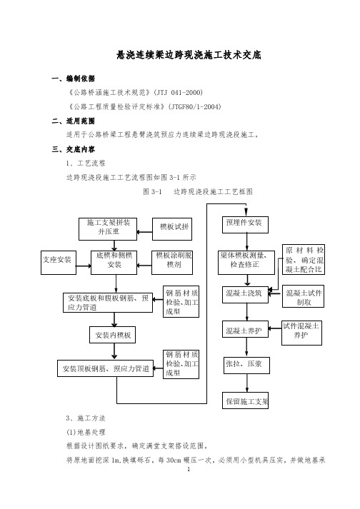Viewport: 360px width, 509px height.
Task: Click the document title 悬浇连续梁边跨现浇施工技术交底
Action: pos(189,55)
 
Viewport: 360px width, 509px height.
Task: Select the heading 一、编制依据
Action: pos(73,79)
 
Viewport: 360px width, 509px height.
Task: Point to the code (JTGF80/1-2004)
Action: pos(194,106)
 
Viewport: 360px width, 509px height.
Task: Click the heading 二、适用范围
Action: pos(73,121)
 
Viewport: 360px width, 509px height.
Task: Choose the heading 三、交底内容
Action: pos(73,149)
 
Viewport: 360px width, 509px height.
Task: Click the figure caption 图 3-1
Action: pos(152,191)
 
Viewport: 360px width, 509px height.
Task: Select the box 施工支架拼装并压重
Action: pos(108,229)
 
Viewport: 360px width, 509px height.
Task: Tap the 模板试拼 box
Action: pos(172,229)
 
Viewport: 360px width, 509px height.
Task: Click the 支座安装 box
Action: pos(59,263)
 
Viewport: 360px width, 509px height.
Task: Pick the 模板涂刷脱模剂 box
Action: pos(172,263)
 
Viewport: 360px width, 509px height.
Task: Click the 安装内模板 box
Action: pos(112,335)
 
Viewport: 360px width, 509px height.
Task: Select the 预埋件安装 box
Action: pos(245,225)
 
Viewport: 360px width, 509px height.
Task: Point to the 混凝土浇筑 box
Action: pos(245,295)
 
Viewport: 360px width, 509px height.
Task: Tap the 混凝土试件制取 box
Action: pos(303,296)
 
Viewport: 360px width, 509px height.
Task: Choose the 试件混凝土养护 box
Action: pos(302,333)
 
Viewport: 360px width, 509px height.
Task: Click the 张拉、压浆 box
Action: pos(246,366)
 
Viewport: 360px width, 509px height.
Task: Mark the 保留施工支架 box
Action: pos(245,400)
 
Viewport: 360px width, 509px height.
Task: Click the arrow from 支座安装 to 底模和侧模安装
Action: pos(84,266)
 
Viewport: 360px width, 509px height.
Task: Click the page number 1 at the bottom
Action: pos(189,469)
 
